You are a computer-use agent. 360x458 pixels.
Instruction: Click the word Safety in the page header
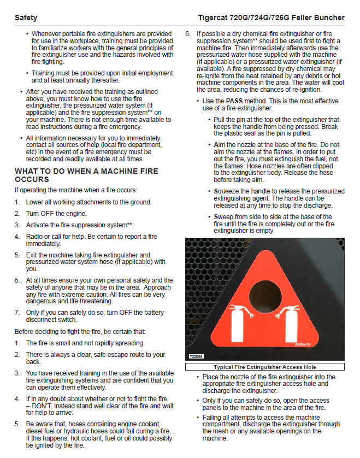click(x=26, y=17)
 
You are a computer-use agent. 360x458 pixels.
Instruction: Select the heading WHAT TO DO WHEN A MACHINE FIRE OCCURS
click(x=86, y=175)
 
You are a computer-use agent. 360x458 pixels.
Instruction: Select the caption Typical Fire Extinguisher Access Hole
click(x=265, y=367)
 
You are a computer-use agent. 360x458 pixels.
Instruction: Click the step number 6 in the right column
click(x=187, y=33)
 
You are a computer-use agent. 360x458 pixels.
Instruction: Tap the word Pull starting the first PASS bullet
click(x=221, y=119)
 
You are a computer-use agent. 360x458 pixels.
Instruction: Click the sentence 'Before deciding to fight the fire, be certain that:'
click(x=80, y=332)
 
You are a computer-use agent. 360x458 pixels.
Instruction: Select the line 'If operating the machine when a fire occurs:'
click(x=75, y=190)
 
